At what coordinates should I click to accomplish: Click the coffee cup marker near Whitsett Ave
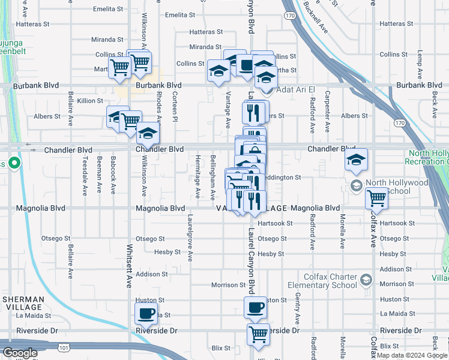pos(146,312)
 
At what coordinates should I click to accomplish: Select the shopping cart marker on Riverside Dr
pos(259,334)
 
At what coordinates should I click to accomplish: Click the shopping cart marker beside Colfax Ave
pos(377,197)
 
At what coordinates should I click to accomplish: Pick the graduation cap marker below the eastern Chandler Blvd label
pos(356,160)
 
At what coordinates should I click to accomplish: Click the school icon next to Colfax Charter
pos(366,280)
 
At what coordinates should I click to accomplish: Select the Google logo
pos(20,353)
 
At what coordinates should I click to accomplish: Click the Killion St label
pos(89,101)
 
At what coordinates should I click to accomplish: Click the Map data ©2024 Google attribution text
pos(412,355)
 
